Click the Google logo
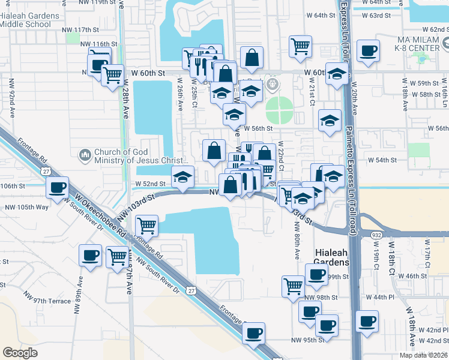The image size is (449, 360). coord(20,353)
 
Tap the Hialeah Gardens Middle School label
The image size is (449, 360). coord(29,20)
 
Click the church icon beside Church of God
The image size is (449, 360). coord(85,156)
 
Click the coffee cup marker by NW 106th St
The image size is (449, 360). coord(58,188)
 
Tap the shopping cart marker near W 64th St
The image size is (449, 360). coord(300,46)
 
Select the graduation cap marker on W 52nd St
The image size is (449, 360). coord(183,176)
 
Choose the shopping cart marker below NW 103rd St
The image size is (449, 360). coord(147,226)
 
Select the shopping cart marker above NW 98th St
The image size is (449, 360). coord(293,286)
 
